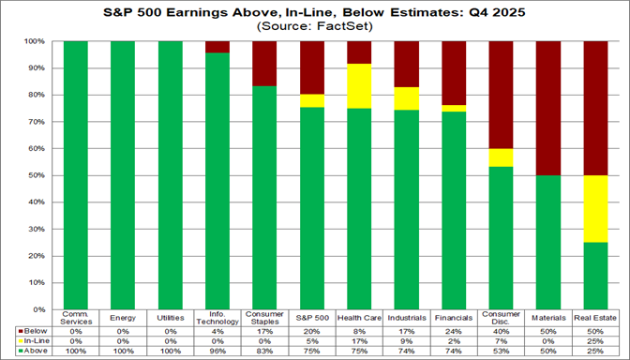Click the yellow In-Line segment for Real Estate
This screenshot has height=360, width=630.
point(597,208)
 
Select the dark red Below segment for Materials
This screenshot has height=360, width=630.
point(549,108)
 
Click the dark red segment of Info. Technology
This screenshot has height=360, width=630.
point(217,47)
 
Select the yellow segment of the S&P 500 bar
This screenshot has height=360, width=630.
point(311,100)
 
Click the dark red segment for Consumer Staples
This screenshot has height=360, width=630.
point(263,64)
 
